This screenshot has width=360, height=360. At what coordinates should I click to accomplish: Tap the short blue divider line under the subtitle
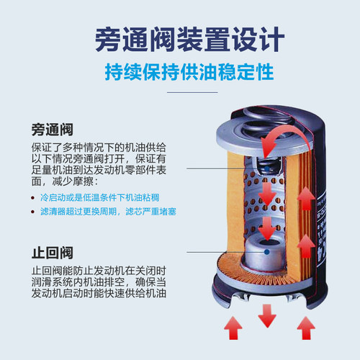coord(180,92)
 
